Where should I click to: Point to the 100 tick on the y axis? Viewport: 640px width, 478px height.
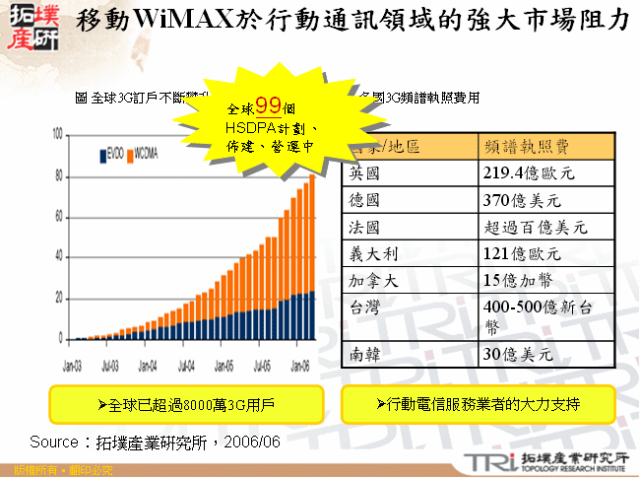(57, 134)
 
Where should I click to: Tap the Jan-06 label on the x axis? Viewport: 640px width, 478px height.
(299, 363)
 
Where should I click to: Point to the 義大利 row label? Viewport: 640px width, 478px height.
(370, 253)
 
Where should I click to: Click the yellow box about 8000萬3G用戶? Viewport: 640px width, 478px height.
(186, 404)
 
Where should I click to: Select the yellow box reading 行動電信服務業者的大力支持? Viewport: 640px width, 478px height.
(479, 404)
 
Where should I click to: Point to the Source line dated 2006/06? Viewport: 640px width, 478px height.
(156, 442)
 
